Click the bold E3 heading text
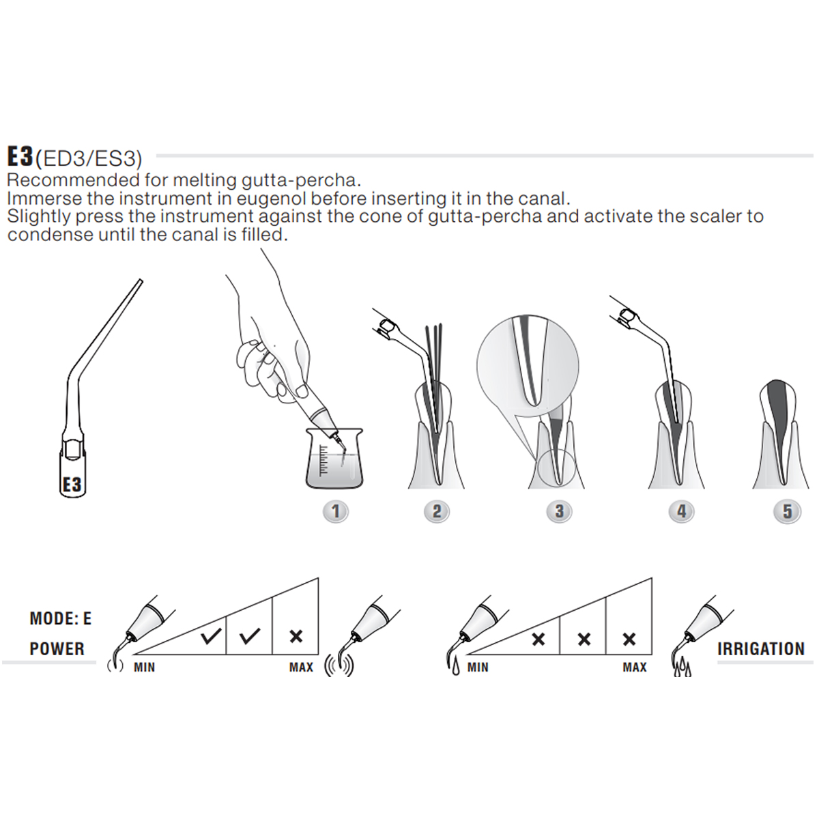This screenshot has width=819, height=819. point(20,156)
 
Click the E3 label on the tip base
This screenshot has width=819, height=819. point(72,485)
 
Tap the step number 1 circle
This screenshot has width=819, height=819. point(335,511)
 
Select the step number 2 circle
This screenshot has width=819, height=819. point(437,511)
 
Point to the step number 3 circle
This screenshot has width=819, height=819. point(559,511)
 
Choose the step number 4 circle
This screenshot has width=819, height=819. point(681,511)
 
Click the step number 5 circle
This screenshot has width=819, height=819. point(788,511)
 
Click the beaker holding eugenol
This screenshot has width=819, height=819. point(334,459)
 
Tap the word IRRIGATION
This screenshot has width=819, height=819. point(761,649)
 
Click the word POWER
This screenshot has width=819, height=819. point(57,649)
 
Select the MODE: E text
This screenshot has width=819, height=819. point(60,619)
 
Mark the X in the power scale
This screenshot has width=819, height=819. point(296,636)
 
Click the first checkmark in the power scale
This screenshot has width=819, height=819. point(212,637)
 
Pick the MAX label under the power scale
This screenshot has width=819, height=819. point(301,667)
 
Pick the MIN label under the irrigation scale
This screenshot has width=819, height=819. point(478,667)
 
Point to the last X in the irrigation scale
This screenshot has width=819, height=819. point(629,640)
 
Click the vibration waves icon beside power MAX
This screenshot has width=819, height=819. point(339,665)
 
